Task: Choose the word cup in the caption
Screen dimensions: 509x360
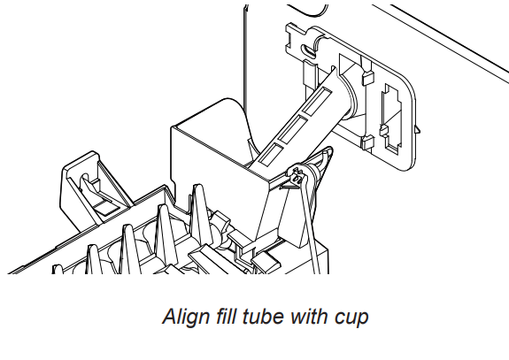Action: tap(351, 318)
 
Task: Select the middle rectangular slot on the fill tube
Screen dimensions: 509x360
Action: tap(292, 129)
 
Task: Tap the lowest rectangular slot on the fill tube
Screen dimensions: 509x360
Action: tap(270, 154)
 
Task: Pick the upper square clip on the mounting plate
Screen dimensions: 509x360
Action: tap(368, 79)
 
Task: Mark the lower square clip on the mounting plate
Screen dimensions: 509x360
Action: tap(367, 142)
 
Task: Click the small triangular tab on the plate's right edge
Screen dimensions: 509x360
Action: tap(418, 129)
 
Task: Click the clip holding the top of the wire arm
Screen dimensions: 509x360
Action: tap(298, 175)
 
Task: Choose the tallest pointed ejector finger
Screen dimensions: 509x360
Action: tap(198, 214)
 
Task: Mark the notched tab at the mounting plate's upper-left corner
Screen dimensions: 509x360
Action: tap(296, 36)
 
